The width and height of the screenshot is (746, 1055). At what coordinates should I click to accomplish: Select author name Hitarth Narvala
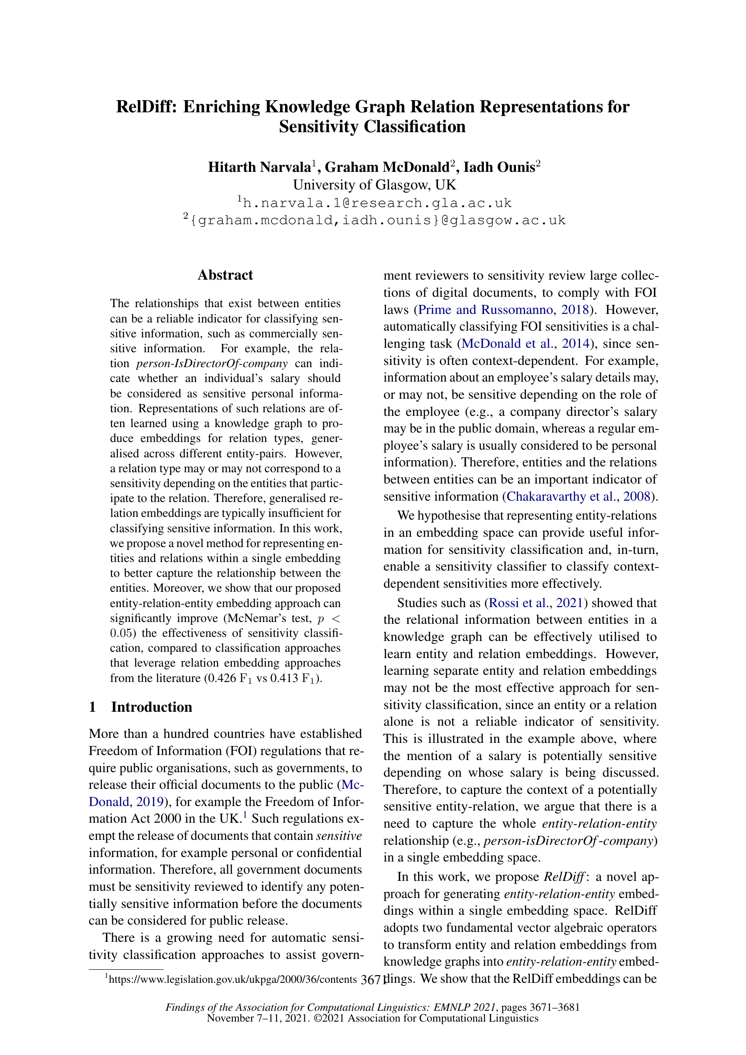pos(259,167)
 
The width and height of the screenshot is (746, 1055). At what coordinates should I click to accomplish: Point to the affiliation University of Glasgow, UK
pos(374,185)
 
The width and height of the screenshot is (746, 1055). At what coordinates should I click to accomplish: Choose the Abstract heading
pos(225,275)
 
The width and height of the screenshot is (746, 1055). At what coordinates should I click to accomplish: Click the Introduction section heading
pos(151,707)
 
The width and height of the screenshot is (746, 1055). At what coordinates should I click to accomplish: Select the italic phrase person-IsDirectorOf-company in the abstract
pos(212,364)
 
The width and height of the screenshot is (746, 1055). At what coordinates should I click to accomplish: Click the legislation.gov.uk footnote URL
pos(233,979)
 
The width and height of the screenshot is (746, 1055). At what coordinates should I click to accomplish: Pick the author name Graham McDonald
pos(387,167)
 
